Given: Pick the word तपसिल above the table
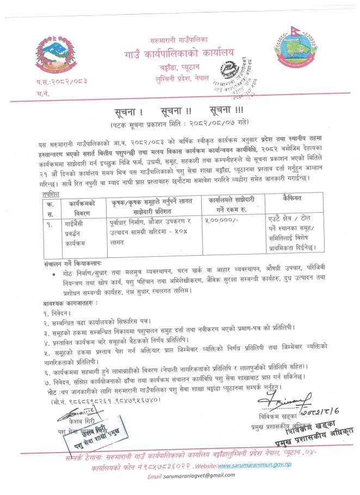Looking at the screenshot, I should [x=42, y=193].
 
